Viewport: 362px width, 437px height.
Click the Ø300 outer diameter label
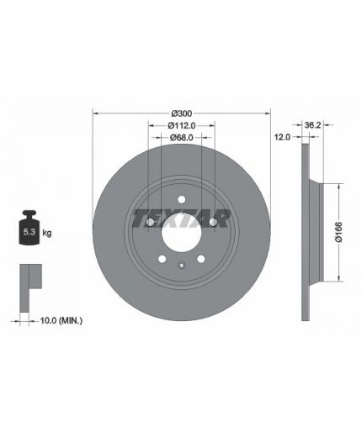click(x=182, y=113)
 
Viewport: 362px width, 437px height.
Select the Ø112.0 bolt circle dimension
click(x=182, y=125)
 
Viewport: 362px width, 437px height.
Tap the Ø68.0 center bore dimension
click(x=182, y=137)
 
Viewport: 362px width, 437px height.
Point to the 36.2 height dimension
click(x=312, y=124)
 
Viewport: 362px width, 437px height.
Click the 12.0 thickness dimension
click(x=282, y=137)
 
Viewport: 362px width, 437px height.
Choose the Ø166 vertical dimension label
click(x=339, y=232)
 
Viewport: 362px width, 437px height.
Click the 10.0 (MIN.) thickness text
click(x=61, y=320)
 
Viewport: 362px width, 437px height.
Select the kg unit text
click(x=47, y=233)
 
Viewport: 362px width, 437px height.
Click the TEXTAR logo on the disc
click(x=182, y=218)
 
